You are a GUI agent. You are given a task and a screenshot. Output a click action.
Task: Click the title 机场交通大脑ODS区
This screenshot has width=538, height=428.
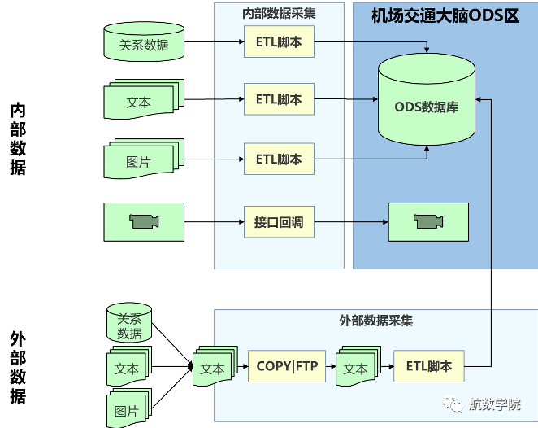445,16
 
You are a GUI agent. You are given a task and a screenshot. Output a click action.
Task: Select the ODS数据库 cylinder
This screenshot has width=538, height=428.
426,104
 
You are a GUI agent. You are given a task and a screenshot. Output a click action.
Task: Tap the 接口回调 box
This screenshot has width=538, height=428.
279,221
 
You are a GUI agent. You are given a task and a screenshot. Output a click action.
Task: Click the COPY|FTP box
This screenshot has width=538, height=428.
287,367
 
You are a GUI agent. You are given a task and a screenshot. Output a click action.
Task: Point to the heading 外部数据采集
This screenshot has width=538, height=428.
375,321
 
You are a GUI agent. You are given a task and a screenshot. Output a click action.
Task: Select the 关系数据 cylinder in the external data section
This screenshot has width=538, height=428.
129,325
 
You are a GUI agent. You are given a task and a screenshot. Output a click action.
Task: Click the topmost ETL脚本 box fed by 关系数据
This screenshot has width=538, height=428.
279,41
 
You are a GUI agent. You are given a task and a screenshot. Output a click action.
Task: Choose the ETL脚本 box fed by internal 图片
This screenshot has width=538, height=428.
279,159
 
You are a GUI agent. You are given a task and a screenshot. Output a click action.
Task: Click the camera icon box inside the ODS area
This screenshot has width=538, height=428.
427,221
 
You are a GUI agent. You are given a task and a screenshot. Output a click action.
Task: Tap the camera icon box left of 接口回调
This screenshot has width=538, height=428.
144,221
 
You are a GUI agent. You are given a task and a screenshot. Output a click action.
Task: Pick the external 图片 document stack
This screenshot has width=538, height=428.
128,409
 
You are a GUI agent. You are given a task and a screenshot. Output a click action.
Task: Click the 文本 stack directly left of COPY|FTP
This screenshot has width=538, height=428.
213,368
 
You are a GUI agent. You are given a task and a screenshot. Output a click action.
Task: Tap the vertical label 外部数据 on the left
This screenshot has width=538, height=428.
17,367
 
